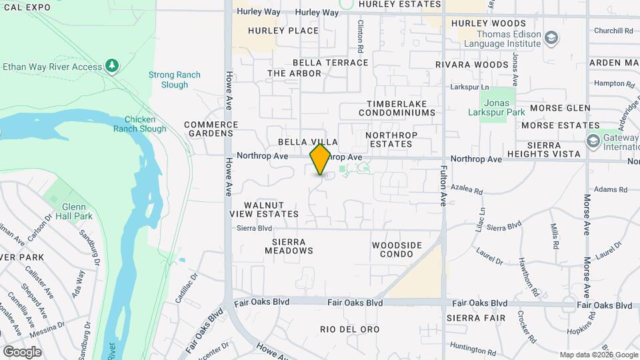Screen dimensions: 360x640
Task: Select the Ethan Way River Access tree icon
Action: tap(113, 65)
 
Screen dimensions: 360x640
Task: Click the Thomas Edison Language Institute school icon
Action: tap(551, 37)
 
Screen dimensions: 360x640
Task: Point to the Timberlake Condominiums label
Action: tap(401, 109)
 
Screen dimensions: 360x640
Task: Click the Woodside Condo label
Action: tap(397, 249)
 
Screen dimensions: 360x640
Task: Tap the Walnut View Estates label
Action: tap(264, 209)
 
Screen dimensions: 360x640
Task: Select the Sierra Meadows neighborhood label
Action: tap(289, 246)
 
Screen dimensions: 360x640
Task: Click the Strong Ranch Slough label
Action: tap(174, 80)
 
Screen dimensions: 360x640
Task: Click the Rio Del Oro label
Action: tap(350, 329)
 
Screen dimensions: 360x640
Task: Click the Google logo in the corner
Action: tap(22, 351)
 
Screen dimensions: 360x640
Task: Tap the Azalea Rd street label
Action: tap(467, 191)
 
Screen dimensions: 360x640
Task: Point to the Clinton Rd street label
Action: tap(360, 37)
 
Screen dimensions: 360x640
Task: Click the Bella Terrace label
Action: tap(330, 63)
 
